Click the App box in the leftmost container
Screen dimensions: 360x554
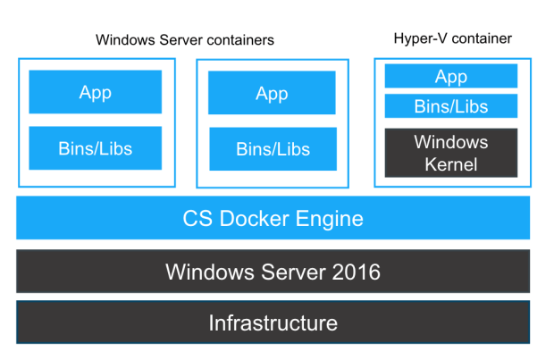tap(95, 92)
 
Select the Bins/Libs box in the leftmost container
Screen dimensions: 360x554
tap(95, 148)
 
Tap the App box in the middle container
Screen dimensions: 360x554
tap(272, 93)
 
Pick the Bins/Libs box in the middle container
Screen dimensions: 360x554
tap(272, 149)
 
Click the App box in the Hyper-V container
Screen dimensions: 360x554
tap(451, 77)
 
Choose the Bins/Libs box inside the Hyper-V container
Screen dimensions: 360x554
tap(451, 107)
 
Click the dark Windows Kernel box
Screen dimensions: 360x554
tap(451, 153)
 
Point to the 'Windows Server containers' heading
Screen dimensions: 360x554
tap(185, 40)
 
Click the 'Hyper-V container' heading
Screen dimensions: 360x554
tap(452, 38)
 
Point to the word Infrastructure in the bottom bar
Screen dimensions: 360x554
tap(273, 322)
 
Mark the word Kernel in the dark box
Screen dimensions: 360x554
tap(451, 164)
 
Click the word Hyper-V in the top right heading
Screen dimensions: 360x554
tap(417, 38)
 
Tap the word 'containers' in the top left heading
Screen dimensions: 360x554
tap(242, 40)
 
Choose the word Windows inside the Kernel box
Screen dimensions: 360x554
tap(451, 142)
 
